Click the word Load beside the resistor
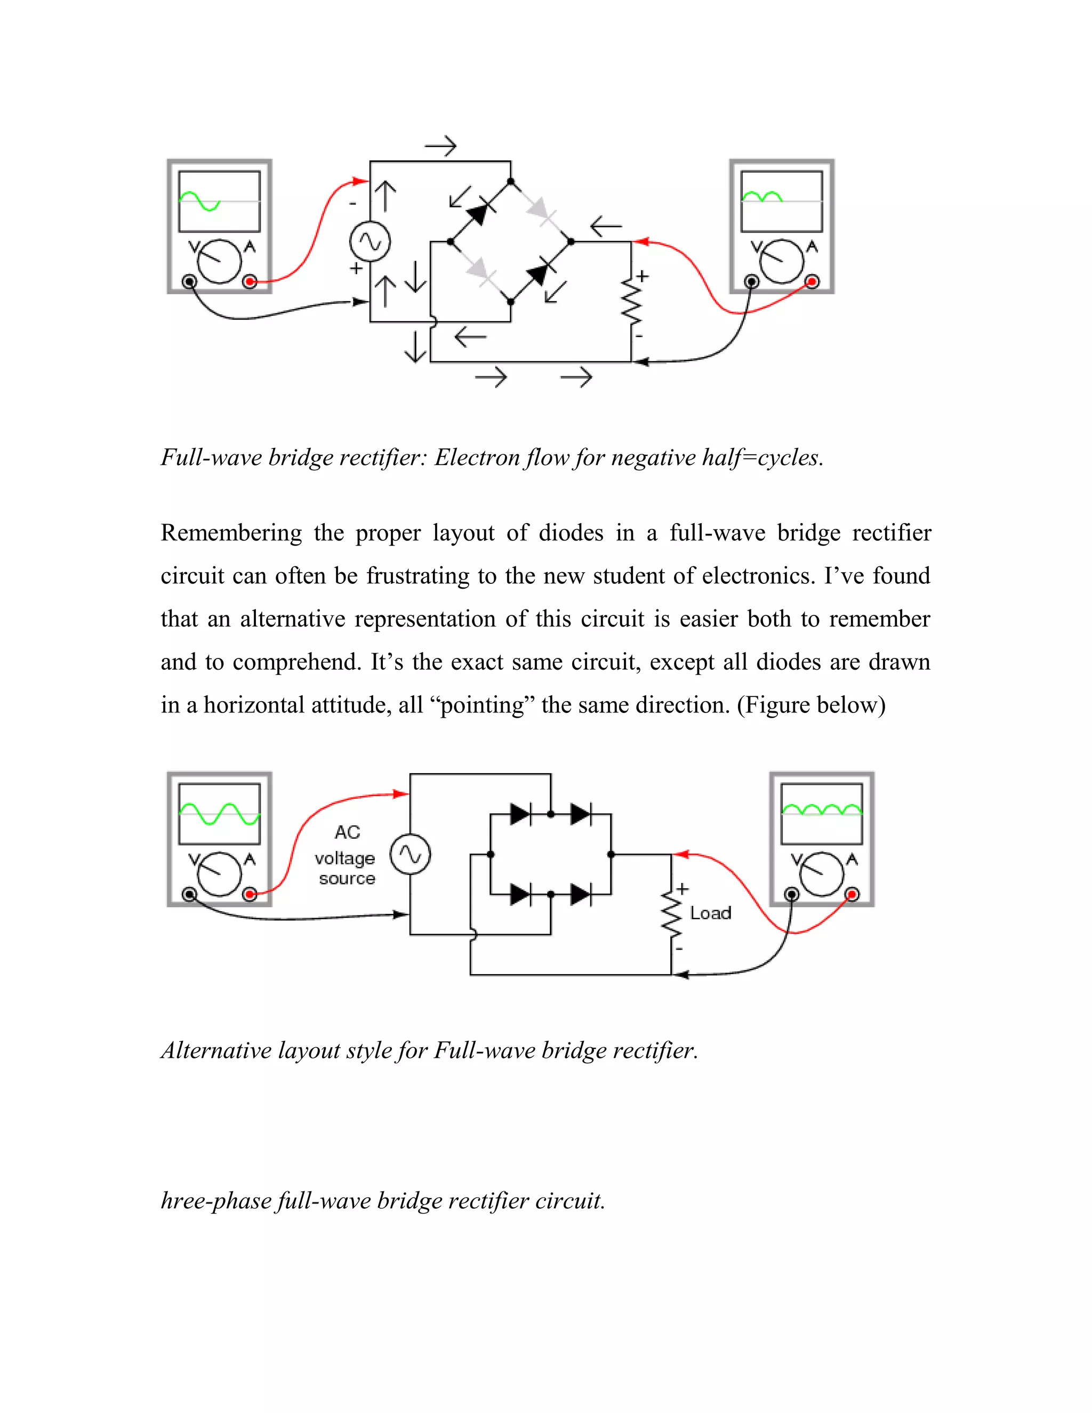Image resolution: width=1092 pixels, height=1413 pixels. pyautogui.click(x=710, y=913)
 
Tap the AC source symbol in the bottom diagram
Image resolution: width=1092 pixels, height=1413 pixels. pyautogui.click(x=410, y=855)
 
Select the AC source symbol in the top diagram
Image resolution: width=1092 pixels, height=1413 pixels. pyautogui.click(x=370, y=242)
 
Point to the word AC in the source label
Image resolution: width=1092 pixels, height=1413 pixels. pyautogui.click(x=347, y=832)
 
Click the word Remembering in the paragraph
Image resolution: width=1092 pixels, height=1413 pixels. pyautogui.click(x=231, y=533)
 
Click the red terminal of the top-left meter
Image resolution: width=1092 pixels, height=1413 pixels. pyautogui.click(x=250, y=282)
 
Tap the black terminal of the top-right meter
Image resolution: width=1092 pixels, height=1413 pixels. pyautogui.click(x=752, y=282)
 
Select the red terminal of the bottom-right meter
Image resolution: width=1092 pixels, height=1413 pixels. pyautogui.click(x=852, y=894)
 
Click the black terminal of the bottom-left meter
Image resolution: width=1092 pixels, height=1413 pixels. pyautogui.click(x=189, y=894)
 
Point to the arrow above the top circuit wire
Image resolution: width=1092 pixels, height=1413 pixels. pyautogui.click(x=440, y=147)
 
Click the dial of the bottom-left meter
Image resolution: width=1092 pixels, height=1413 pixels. pyautogui.click(x=219, y=873)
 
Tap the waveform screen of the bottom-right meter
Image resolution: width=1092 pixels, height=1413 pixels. pyautogui.click(x=822, y=814)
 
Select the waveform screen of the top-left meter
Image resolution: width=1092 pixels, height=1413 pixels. pyautogui.click(x=219, y=201)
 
